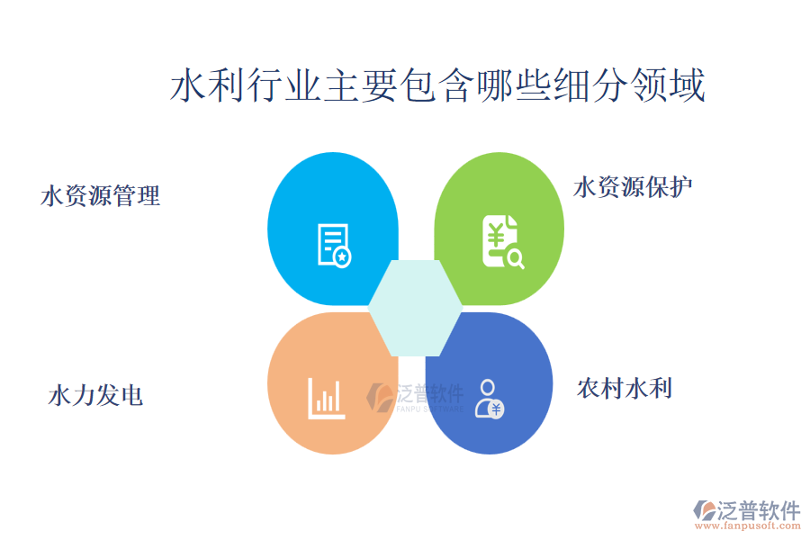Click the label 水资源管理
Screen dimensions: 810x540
point(100,196)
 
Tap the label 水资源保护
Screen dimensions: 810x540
point(633,187)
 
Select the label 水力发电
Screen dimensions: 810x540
point(95,396)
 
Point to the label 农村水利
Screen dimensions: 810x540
point(625,389)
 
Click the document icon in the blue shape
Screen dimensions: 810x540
point(334,246)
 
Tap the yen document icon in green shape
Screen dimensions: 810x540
point(502,242)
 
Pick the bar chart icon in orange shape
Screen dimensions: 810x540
point(326,399)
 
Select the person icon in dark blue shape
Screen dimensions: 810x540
point(489,399)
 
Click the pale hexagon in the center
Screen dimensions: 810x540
point(415,308)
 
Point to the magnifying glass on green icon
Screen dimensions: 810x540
point(516,258)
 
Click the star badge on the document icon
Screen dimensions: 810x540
point(341,256)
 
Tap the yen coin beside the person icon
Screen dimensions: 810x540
point(496,409)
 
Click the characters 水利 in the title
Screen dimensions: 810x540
point(207,85)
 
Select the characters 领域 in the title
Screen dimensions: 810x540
point(669,85)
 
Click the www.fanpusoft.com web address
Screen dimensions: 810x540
point(748,526)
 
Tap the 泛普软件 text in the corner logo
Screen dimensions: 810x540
point(759,510)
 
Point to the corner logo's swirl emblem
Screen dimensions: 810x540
point(705,510)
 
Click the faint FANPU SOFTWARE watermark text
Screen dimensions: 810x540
point(430,409)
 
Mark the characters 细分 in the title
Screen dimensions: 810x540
point(592,85)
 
